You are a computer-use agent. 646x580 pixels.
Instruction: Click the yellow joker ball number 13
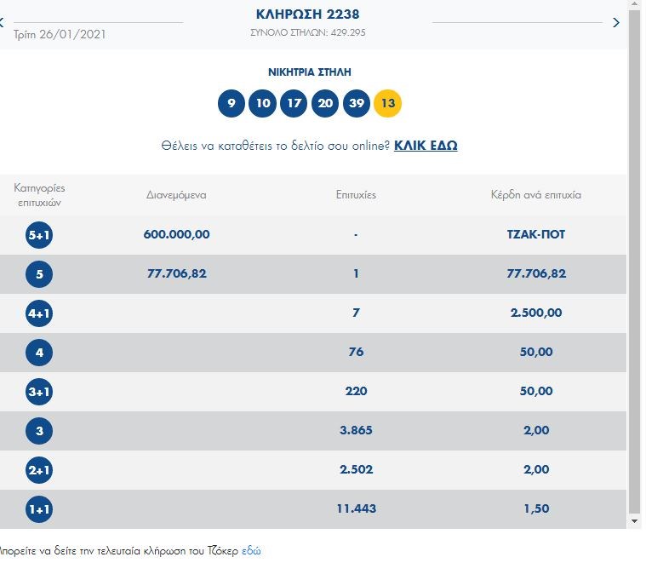pyautogui.click(x=387, y=104)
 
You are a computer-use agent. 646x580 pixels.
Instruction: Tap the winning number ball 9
pyautogui.click(x=231, y=104)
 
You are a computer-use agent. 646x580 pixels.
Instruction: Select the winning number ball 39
pyautogui.click(x=356, y=104)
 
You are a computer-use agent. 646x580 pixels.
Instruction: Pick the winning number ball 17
pyautogui.click(x=294, y=104)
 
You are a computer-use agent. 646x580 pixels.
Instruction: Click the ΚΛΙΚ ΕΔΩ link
pyautogui.click(x=426, y=146)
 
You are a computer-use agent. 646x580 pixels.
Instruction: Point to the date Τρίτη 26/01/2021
pyautogui.click(x=60, y=35)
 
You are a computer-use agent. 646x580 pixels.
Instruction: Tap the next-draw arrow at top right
pyautogui.click(x=616, y=23)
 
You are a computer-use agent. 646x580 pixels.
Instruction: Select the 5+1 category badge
pyautogui.click(x=39, y=234)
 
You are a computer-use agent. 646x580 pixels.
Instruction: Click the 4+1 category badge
pyautogui.click(x=39, y=313)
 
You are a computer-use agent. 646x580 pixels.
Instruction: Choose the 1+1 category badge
pyautogui.click(x=39, y=508)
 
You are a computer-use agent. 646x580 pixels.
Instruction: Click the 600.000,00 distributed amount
pyautogui.click(x=176, y=234)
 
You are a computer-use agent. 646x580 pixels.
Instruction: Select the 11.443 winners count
pyautogui.click(x=356, y=508)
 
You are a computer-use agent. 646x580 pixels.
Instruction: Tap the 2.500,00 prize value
pyautogui.click(x=535, y=313)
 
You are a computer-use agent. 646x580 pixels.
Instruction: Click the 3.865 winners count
pyautogui.click(x=356, y=430)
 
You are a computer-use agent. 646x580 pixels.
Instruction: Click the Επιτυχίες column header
pyautogui.click(x=356, y=195)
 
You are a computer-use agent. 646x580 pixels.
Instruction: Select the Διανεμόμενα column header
pyautogui.click(x=176, y=195)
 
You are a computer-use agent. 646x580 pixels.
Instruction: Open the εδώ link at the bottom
pyautogui.click(x=251, y=550)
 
